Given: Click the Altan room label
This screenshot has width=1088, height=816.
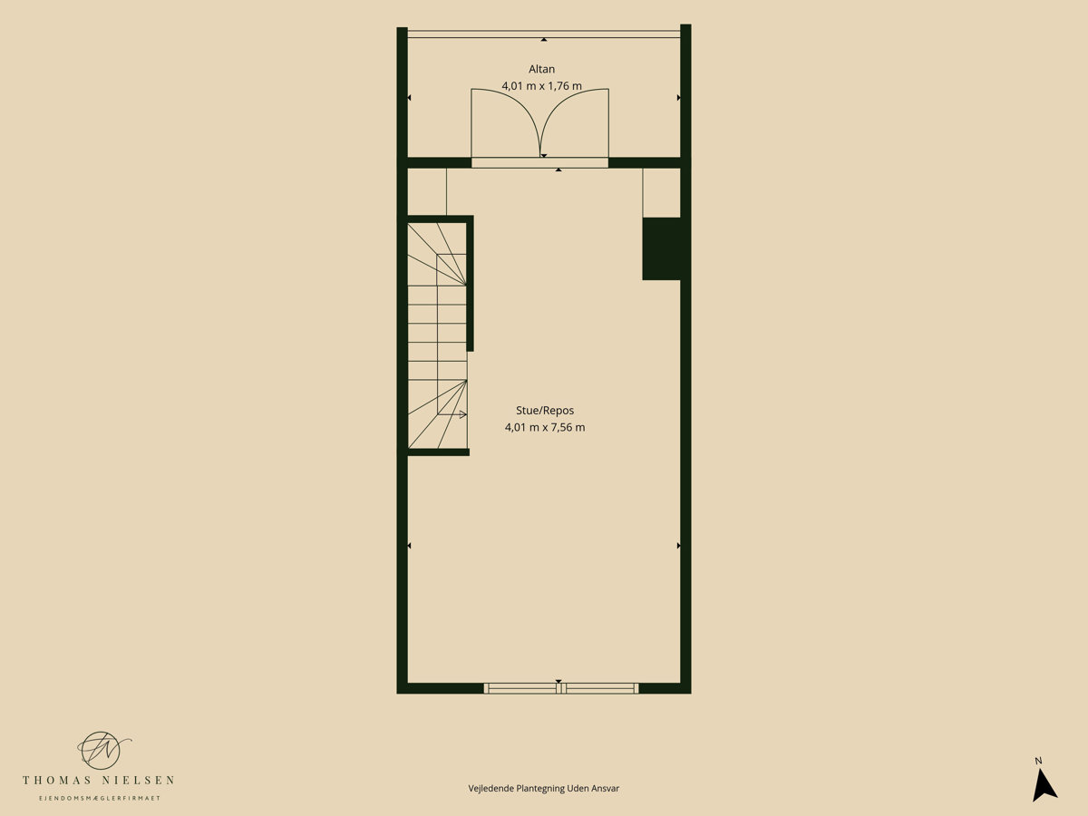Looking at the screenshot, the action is click(x=541, y=70).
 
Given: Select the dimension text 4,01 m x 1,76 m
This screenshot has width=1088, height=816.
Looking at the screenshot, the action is click(x=542, y=86).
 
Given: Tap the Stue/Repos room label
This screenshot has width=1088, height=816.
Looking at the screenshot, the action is click(x=545, y=410).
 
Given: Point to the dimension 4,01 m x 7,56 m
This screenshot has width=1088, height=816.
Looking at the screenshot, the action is click(x=545, y=427).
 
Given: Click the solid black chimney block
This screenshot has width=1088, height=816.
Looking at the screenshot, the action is click(x=661, y=248).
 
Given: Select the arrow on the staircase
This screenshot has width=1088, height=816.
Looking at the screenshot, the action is click(x=452, y=414).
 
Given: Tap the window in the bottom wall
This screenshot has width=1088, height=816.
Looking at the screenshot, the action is click(x=561, y=688).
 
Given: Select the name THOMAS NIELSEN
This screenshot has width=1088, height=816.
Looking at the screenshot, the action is click(x=99, y=781).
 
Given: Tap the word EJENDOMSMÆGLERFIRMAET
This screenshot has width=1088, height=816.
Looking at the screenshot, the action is click(x=99, y=798).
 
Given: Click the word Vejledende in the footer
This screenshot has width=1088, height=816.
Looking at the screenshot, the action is click(x=491, y=789).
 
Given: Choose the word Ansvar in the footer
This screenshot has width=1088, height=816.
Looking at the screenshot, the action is click(x=606, y=789).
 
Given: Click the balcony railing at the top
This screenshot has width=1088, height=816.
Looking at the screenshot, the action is click(x=544, y=34).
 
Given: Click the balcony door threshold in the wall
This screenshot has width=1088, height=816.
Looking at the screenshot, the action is click(x=539, y=163).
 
